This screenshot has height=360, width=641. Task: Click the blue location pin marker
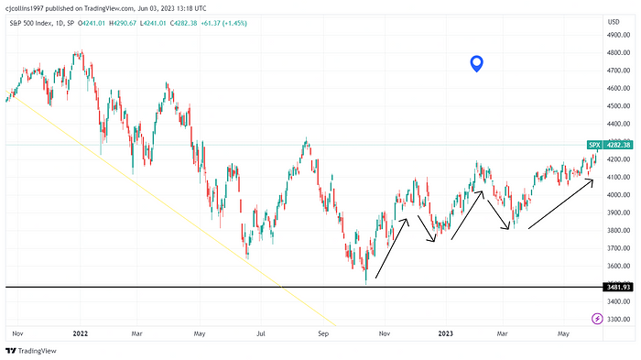476,63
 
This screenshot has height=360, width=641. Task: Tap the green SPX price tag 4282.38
608,145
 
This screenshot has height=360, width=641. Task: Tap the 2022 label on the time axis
79,335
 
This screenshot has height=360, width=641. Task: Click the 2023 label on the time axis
447,335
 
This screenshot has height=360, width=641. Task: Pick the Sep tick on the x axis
323,335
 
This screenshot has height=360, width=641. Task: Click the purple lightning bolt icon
598,318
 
